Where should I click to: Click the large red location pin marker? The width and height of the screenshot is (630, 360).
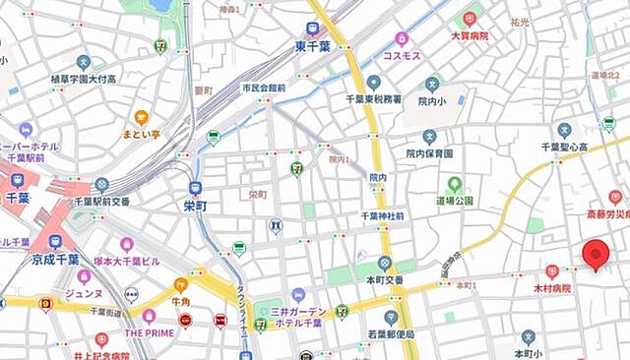click(x=595, y=254)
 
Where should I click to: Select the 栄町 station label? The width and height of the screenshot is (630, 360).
click(x=196, y=206)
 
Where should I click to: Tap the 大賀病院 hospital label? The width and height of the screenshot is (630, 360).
click(x=470, y=35)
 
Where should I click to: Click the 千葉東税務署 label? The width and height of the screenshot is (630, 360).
click(x=373, y=98)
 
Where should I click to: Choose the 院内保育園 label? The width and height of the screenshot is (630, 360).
click(x=429, y=153)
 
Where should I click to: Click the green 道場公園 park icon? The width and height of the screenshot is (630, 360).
click(x=454, y=183)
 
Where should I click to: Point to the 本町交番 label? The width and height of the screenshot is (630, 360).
click(x=384, y=279)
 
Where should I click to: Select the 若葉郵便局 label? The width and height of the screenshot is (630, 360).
click(x=391, y=334)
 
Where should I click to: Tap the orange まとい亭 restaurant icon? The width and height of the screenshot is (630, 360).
click(x=142, y=117)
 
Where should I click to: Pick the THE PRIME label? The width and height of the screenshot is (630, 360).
click(x=149, y=331)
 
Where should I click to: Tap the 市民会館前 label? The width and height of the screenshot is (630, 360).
click(x=264, y=88)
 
